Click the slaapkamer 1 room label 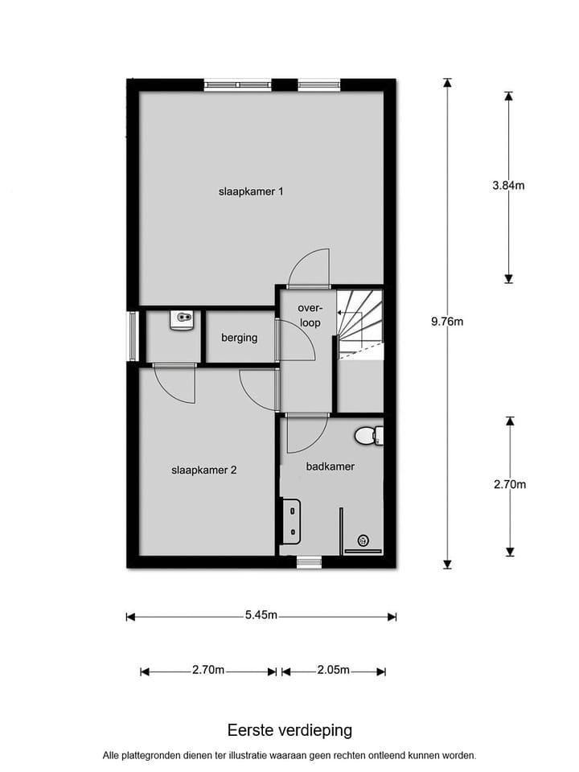pyautogui.click(x=251, y=192)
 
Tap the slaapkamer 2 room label pyautogui.click(x=203, y=470)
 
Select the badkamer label pyautogui.click(x=330, y=466)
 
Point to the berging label pyautogui.click(x=240, y=338)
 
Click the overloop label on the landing pyautogui.click(x=310, y=315)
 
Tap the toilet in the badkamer pyautogui.click(x=367, y=436)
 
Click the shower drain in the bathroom pyautogui.click(x=363, y=540)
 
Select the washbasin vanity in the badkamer pyautogui.click(x=290, y=520)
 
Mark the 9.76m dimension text pyautogui.click(x=447, y=322)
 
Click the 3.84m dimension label pyautogui.click(x=508, y=186)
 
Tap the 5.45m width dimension pyautogui.click(x=261, y=616)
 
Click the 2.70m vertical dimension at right pyautogui.click(x=509, y=484)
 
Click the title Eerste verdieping pyautogui.click(x=289, y=730)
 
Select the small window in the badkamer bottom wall pyautogui.click(x=309, y=562)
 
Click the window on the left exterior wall pyautogui.click(x=132, y=336)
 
